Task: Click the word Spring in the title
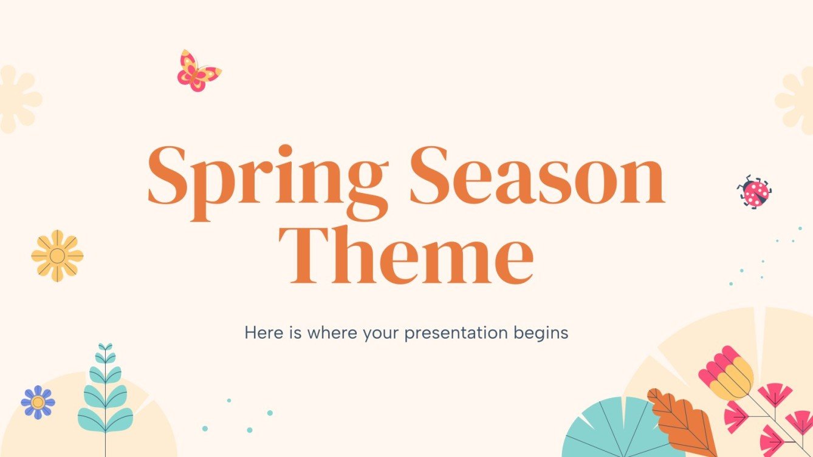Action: coord(267,176)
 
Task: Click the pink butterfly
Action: coord(198,71)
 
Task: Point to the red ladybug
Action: coord(755,192)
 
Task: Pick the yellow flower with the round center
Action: coord(57,256)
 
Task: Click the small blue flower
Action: coord(38,402)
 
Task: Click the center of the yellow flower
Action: coord(57,256)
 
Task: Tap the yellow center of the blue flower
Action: coord(38,402)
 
